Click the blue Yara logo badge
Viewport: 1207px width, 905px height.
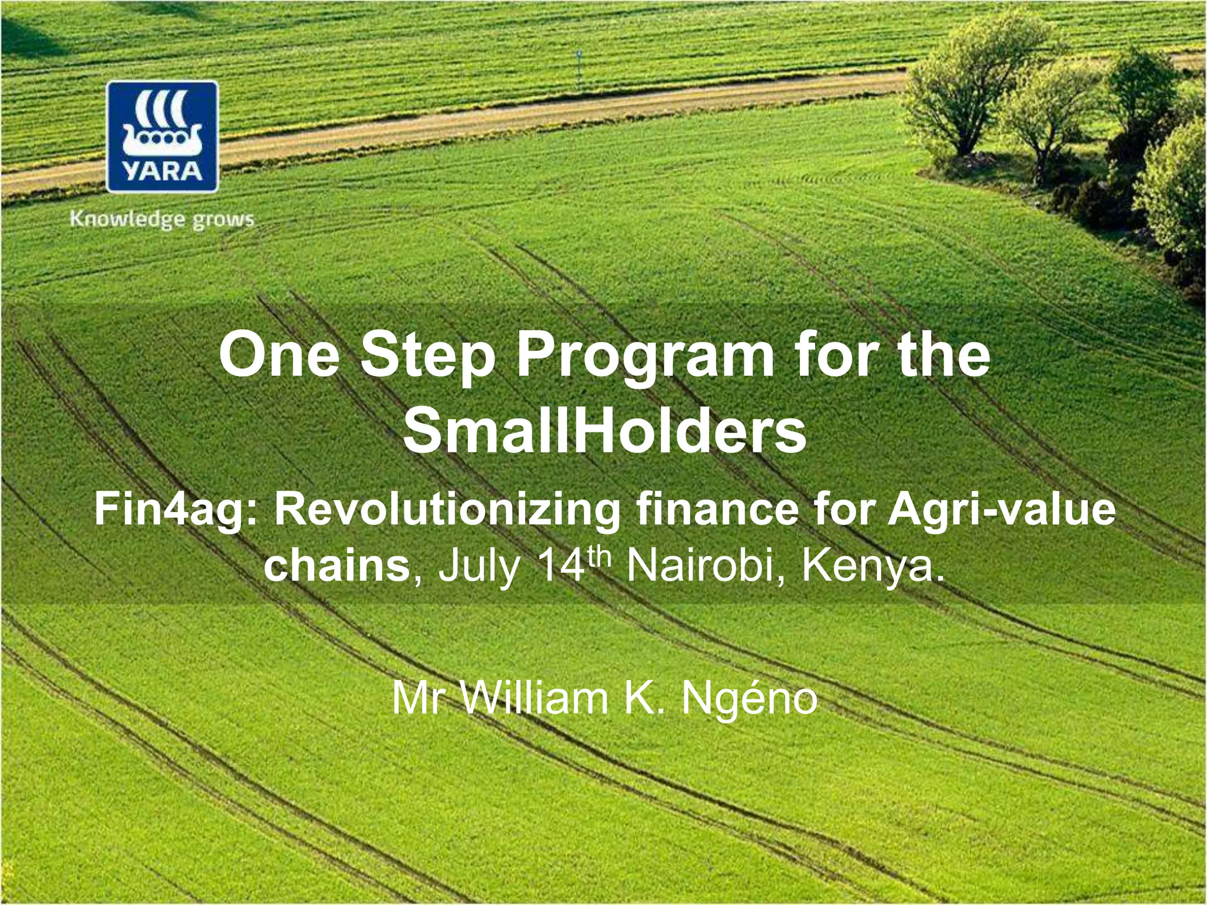pos(162,137)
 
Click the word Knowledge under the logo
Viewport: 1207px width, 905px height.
pos(127,220)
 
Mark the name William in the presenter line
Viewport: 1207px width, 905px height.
pos(533,699)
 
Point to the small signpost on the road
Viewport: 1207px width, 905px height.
pos(579,65)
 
